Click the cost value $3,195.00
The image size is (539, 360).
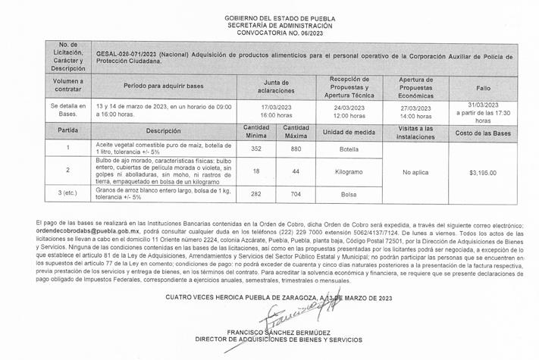(482, 173)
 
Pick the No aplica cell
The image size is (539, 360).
(416, 173)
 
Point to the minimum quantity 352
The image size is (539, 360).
(255, 149)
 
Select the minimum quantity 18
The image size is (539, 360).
(255, 172)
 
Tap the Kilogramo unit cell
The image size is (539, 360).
(349, 172)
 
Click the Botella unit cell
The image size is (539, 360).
(349, 149)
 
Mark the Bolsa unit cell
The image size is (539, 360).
(349, 195)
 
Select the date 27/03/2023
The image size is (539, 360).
(416, 107)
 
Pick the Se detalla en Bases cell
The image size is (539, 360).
(68, 111)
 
